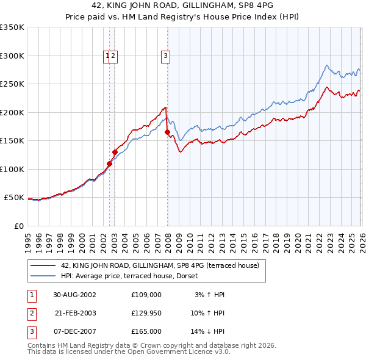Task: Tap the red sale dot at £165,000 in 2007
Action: [167, 132]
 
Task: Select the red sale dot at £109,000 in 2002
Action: [110, 164]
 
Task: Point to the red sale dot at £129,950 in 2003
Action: [115, 152]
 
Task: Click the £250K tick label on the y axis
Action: [12, 84]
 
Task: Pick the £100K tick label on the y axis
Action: [12, 169]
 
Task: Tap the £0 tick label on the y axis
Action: [18, 226]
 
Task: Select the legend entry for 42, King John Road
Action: [160, 265]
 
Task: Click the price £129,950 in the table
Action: [146, 313]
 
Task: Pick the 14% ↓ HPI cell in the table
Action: [207, 331]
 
